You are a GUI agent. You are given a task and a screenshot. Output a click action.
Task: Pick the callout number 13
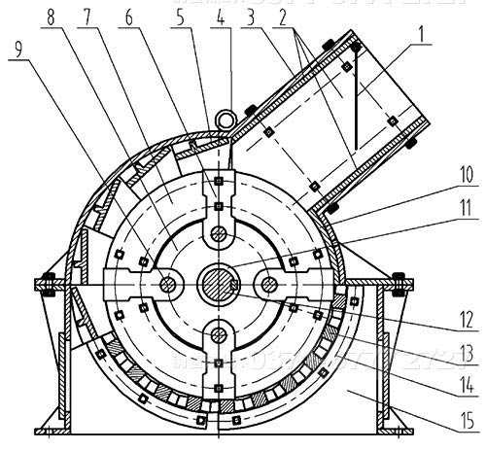tap(466, 350)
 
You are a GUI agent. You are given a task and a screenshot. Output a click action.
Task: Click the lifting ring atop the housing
tap(228, 118)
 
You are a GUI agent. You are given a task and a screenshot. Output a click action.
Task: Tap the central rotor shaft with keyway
tap(218, 284)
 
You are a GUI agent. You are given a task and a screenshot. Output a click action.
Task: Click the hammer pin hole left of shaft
tap(166, 284)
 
